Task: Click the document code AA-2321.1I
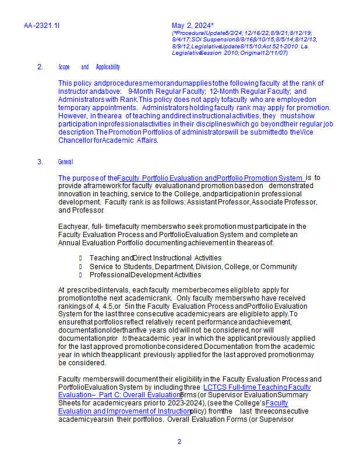click(42, 26)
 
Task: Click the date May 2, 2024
click(192, 26)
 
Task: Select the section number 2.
click(40, 67)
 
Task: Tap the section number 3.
click(40, 161)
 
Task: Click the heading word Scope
click(64, 67)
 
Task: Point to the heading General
click(66, 161)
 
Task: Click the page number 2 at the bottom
click(179, 442)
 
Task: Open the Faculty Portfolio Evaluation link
click(167, 178)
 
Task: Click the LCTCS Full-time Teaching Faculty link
click(257, 387)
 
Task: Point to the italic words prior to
click(117, 338)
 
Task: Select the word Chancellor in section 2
click(75, 140)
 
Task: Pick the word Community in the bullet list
click(278, 267)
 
